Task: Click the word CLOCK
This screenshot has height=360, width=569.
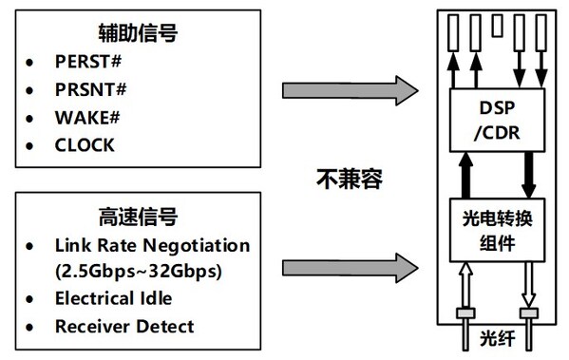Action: [85, 145]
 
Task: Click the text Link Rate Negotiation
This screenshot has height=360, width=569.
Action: [152, 246]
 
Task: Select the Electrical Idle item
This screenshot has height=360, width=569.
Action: [113, 298]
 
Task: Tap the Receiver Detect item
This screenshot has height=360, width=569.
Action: [124, 326]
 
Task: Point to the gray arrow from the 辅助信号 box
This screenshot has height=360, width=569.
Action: [351, 90]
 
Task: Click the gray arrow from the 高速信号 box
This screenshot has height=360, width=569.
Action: [351, 258]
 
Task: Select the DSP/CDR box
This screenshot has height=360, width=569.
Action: [497, 119]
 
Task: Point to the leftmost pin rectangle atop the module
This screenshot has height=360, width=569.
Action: [456, 30]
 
